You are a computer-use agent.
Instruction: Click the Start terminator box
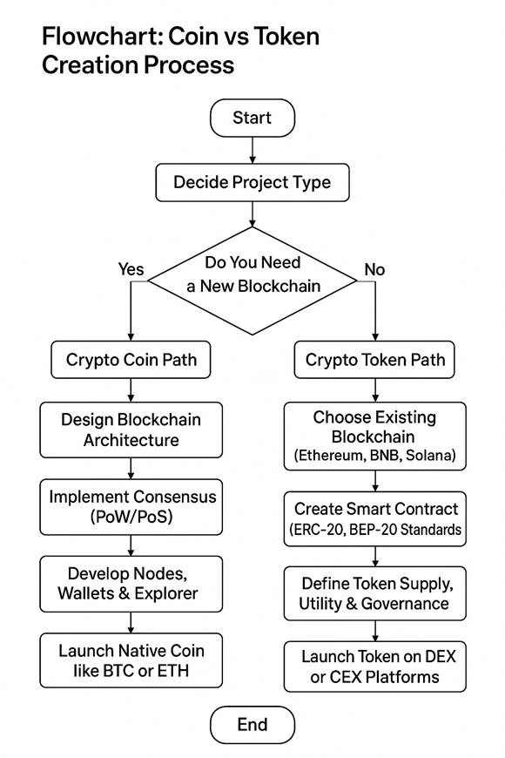[252, 118]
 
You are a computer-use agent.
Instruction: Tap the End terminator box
[252, 724]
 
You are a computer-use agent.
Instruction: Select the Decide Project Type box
[252, 182]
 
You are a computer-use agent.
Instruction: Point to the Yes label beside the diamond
[131, 269]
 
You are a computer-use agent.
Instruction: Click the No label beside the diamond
[374, 269]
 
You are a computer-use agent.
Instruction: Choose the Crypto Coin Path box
[130, 359]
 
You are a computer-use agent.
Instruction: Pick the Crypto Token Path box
[375, 359]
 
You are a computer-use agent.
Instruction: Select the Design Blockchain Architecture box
[130, 430]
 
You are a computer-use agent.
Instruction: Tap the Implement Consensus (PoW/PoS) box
[130, 506]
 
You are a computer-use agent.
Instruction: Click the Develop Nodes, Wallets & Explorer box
[130, 583]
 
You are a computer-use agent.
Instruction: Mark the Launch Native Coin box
[130, 660]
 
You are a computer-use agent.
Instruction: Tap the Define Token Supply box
[375, 592]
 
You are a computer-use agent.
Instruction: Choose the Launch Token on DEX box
[375, 667]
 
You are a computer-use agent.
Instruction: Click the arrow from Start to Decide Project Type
[252, 150]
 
